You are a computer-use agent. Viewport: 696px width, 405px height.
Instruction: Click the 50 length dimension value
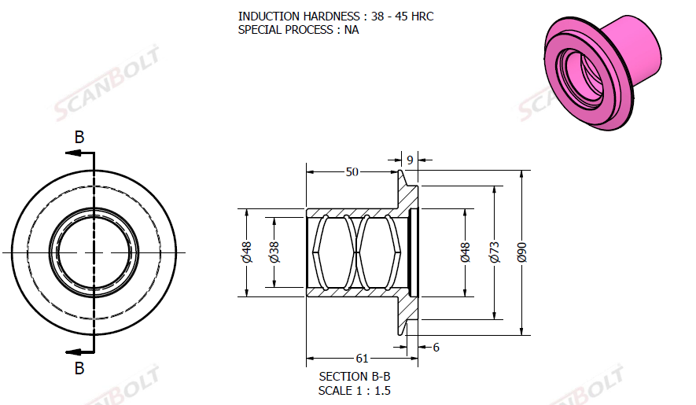tap(352, 172)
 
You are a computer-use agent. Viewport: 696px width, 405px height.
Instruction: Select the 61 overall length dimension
tap(363, 358)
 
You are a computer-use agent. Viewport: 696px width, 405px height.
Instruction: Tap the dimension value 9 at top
tap(410, 160)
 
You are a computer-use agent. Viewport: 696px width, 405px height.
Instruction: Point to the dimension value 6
tap(436, 348)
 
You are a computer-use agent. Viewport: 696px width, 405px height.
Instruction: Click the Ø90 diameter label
tap(522, 252)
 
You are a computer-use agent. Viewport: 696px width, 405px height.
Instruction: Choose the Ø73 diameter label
tap(495, 252)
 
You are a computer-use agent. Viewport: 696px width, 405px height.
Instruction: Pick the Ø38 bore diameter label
tap(274, 252)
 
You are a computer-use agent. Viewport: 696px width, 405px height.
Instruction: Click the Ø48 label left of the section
tap(247, 252)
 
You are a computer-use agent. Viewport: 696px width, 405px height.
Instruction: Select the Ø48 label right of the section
tap(465, 252)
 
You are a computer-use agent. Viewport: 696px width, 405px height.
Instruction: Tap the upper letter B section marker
tap(79, 137)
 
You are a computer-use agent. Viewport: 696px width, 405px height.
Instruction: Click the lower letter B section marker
tap(79, 368)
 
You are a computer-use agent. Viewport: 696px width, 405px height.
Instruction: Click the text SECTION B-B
tap(355, 377)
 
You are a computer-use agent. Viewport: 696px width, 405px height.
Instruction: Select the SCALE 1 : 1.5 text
tap(354, 391)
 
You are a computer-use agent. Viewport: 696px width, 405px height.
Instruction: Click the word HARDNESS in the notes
tap(332, 17)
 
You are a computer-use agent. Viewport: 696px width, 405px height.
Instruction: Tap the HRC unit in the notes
tap(422, 17)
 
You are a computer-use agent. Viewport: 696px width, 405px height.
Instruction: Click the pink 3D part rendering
tap(602, 72)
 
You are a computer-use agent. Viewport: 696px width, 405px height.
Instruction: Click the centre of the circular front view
tap(94, 252)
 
